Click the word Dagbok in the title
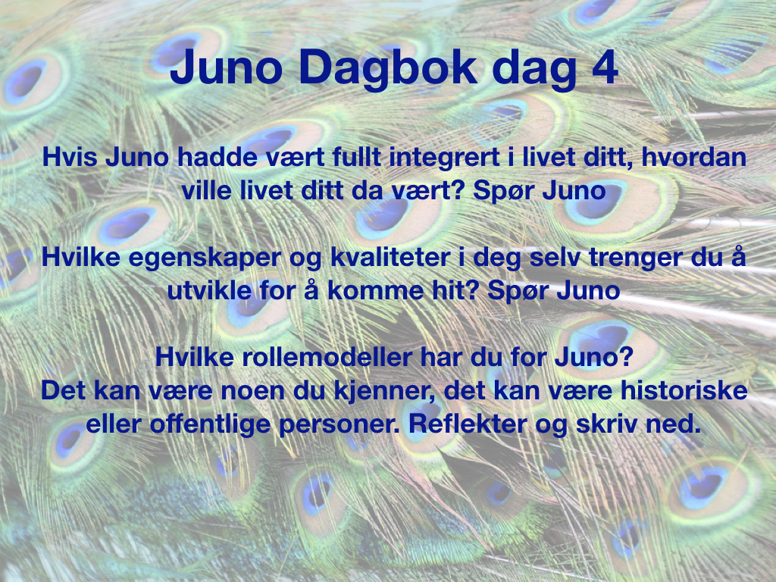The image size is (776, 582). pos(389,68)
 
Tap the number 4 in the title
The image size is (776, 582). pos(605,67)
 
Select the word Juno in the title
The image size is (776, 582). pos(226,67)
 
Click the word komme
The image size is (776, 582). pos(376,290)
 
